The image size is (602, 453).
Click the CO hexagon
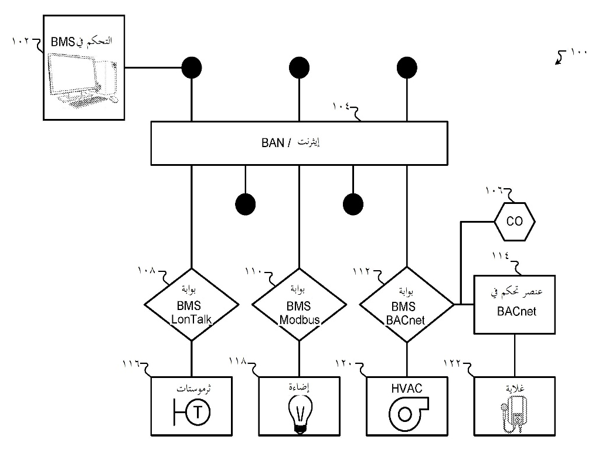[x=514, y=222]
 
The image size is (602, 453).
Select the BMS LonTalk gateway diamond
[x=192, y=304]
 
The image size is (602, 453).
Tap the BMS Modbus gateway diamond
[x=299, y=304]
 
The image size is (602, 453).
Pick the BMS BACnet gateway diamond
[x=406, y=304]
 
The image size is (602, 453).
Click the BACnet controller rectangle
[x=514, y=304]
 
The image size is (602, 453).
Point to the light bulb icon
[x=300, y=414]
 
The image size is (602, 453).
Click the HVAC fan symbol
[x=405, y=413]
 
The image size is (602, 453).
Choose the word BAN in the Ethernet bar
[x=272, y=142]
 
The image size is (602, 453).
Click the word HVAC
[x=406, y=387]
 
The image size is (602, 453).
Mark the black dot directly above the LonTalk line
[x=192, y=68]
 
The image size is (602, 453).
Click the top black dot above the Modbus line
[x=299, y=68]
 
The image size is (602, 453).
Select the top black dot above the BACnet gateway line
[x=406, y=68]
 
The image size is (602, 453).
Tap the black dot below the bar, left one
[x=245, y=204]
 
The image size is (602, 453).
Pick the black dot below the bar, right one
[x=352, y=204]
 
